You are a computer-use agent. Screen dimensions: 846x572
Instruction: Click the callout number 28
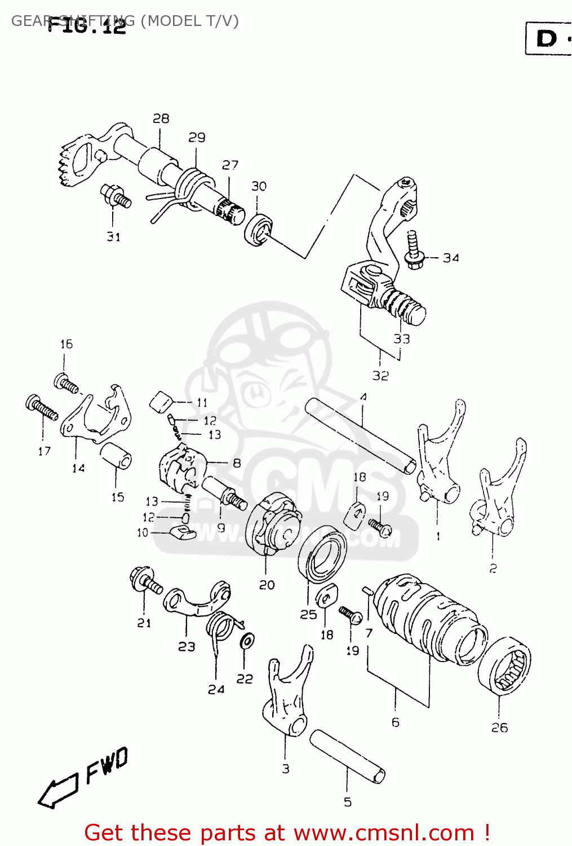[x=161, y=118]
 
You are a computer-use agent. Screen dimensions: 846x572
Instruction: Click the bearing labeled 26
[x=505, y=666]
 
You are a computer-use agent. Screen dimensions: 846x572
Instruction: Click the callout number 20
[x=267, y=585]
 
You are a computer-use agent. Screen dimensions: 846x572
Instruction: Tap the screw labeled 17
[x=42, y=408]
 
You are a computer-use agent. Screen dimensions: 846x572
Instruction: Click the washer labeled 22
[x=246, y=641]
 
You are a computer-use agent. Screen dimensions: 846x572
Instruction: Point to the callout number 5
[x=348, y=801]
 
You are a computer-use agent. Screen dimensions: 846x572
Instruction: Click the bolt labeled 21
[x=145, y=581]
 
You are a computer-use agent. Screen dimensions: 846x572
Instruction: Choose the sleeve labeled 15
[x=116, y=455]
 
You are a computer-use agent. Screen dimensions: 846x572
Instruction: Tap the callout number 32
[x=380, y=375]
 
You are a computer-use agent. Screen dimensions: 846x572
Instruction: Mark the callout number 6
[x=396, y=722]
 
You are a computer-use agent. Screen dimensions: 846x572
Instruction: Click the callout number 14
[x=78, y=468]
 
